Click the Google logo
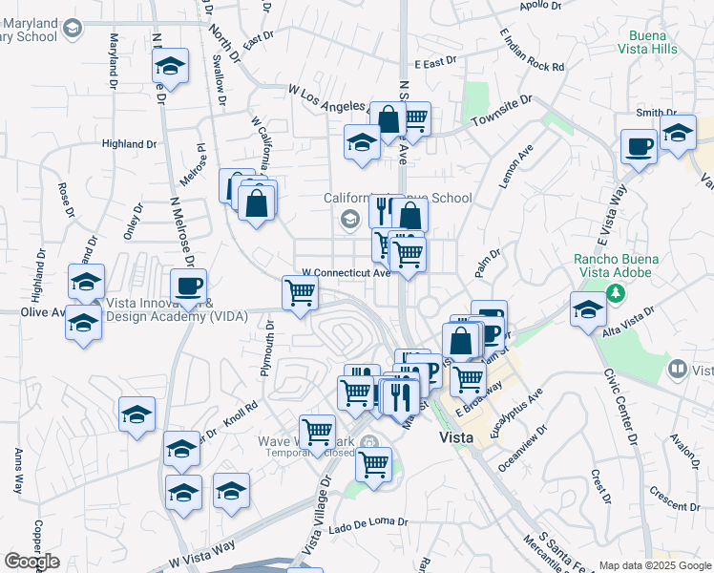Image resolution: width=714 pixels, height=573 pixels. [31, 562]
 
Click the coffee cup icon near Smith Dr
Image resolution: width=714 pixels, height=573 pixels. [639, 148]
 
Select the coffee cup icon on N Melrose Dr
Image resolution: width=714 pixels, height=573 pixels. [188, 286]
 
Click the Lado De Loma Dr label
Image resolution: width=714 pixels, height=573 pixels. [368, 522]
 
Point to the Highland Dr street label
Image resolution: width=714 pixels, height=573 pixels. [129, 144]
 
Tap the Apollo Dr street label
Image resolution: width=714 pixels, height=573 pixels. [541, 6]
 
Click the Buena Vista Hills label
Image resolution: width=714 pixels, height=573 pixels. [649, 40]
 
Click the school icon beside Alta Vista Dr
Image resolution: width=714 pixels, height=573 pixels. [588, 309]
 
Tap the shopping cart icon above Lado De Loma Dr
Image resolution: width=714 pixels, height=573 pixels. [373, 465]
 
